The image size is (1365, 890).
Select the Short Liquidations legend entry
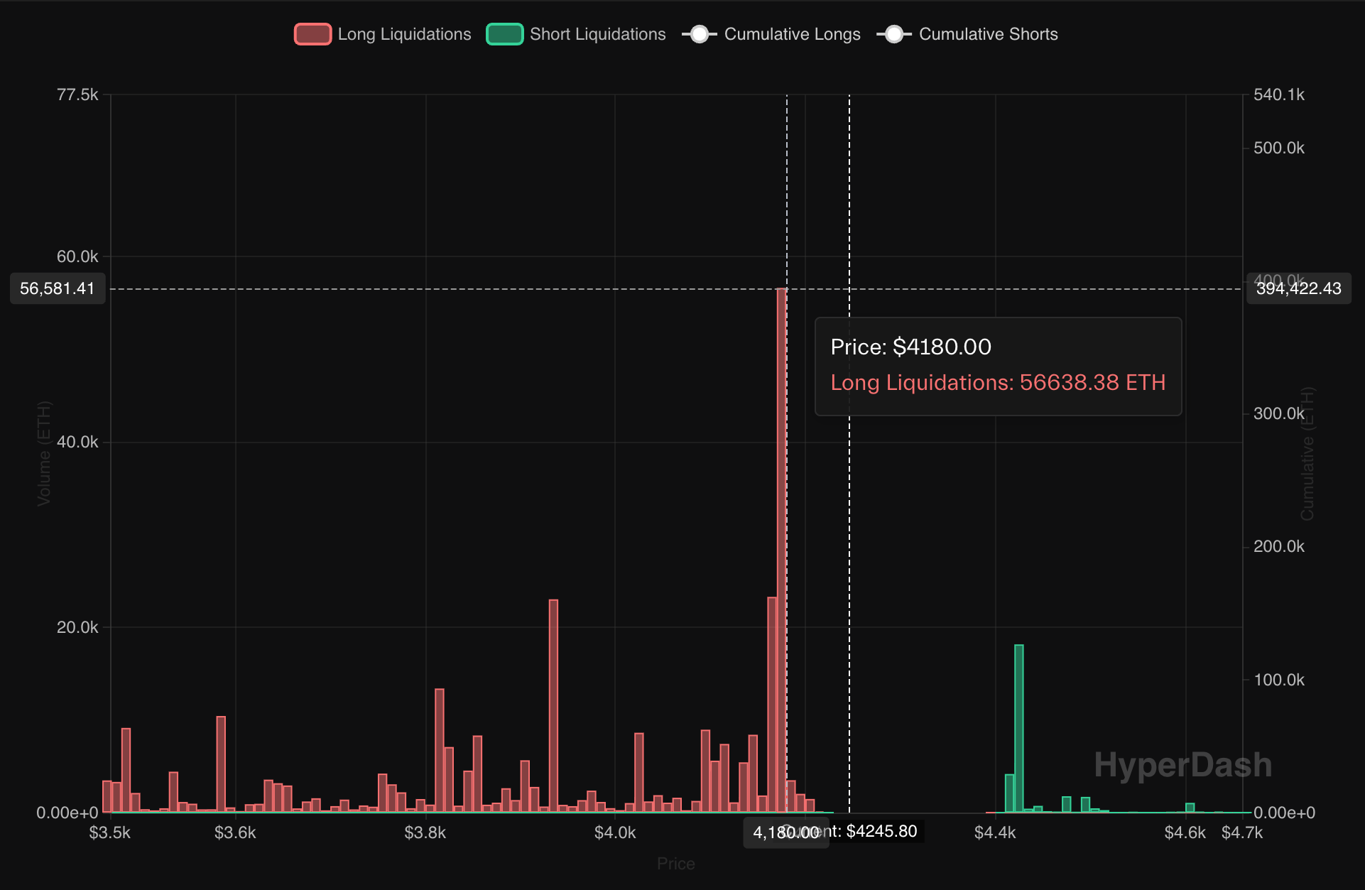(576, 34)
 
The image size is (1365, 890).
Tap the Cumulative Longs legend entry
(772, 34)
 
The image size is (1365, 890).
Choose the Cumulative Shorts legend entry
(968, 34)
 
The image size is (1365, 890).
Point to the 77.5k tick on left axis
(77, 94)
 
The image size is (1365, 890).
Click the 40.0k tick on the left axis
(77, 442)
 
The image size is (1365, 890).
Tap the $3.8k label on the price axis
(425, 832)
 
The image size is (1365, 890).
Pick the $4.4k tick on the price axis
(995, 832)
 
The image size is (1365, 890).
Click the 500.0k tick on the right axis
(1279, 148)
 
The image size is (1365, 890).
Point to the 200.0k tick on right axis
(1279, 546)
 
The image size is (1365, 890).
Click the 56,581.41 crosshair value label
(58, 288)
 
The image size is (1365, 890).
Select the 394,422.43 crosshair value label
(1298, 288)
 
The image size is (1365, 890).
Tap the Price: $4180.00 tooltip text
(911, 347)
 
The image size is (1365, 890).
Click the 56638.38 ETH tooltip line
(998, 382)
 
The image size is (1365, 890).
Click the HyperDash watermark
(1182, 765)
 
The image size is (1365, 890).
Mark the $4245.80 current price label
(881, 831)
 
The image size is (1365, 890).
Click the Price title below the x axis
(675, 864)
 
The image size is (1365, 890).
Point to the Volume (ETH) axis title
(44, 453)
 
